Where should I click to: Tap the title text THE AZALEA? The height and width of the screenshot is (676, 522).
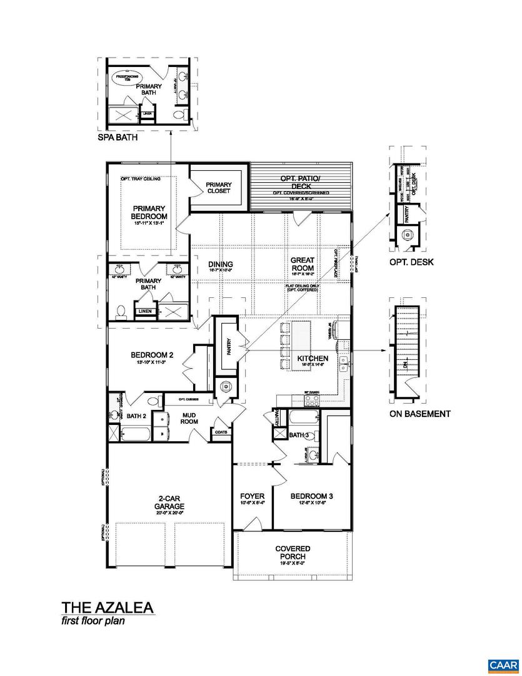[107, 607]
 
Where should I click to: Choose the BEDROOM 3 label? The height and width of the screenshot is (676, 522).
[312, 496]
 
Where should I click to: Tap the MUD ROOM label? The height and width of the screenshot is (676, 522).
[190, 417]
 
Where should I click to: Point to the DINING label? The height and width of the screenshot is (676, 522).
[220, 265]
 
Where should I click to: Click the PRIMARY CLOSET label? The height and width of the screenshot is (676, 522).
[218, 187]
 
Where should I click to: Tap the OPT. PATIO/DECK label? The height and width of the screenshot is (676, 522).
[301, 182]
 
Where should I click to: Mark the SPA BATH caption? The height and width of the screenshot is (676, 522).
[118, 138]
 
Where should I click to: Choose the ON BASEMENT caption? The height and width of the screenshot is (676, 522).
[419, 414]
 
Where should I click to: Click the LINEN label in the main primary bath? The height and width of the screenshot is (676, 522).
[145, 310]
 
